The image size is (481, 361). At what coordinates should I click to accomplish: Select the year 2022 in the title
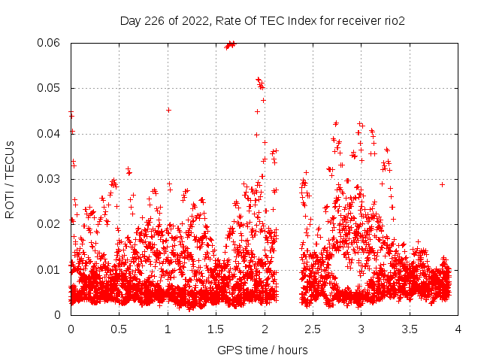[192, 21]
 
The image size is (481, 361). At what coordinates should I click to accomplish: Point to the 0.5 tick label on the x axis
[119, 329]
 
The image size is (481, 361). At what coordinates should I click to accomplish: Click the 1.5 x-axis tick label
[216, 329]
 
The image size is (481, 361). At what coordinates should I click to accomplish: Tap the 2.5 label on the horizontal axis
[313, 329]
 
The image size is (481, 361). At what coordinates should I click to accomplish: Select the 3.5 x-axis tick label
[410, 329]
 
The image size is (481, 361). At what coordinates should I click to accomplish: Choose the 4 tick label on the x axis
[458, 329]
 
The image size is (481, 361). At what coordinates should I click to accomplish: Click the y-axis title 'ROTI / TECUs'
[10, 179]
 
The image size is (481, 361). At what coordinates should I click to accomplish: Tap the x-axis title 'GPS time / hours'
[262, 350]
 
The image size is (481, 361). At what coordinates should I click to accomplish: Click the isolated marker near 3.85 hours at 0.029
[443, 184]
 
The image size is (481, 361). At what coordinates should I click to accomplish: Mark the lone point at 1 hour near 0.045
[168, 110]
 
